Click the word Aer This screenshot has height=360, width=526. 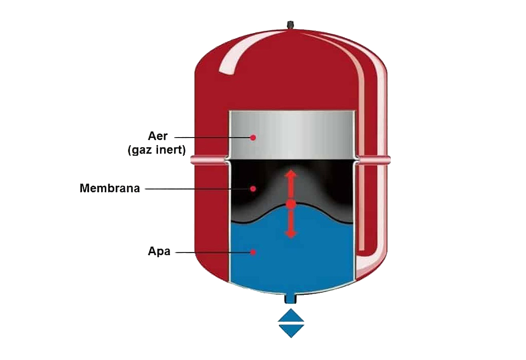pos(158,136)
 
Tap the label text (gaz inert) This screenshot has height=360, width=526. pos(157,150)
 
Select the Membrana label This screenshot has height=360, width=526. pos(110,188)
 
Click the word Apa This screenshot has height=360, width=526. pos(159,252)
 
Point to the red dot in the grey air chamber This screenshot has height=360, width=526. pos(253,138)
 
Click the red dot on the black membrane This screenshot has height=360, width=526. pos(253,188)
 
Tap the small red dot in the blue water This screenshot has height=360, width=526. pos(253,252)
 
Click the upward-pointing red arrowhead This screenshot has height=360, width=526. pos(291,174)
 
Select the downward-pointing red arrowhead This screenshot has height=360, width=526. pos(291,234)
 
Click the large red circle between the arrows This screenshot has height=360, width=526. pos(291,204)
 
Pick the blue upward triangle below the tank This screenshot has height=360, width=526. pos(291,315)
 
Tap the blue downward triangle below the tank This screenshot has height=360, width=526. pos(291,331)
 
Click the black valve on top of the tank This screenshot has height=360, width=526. pos(290,25)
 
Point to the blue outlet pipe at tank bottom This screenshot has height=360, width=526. pos(291,299)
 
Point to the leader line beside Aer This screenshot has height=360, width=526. pos(213,138)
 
